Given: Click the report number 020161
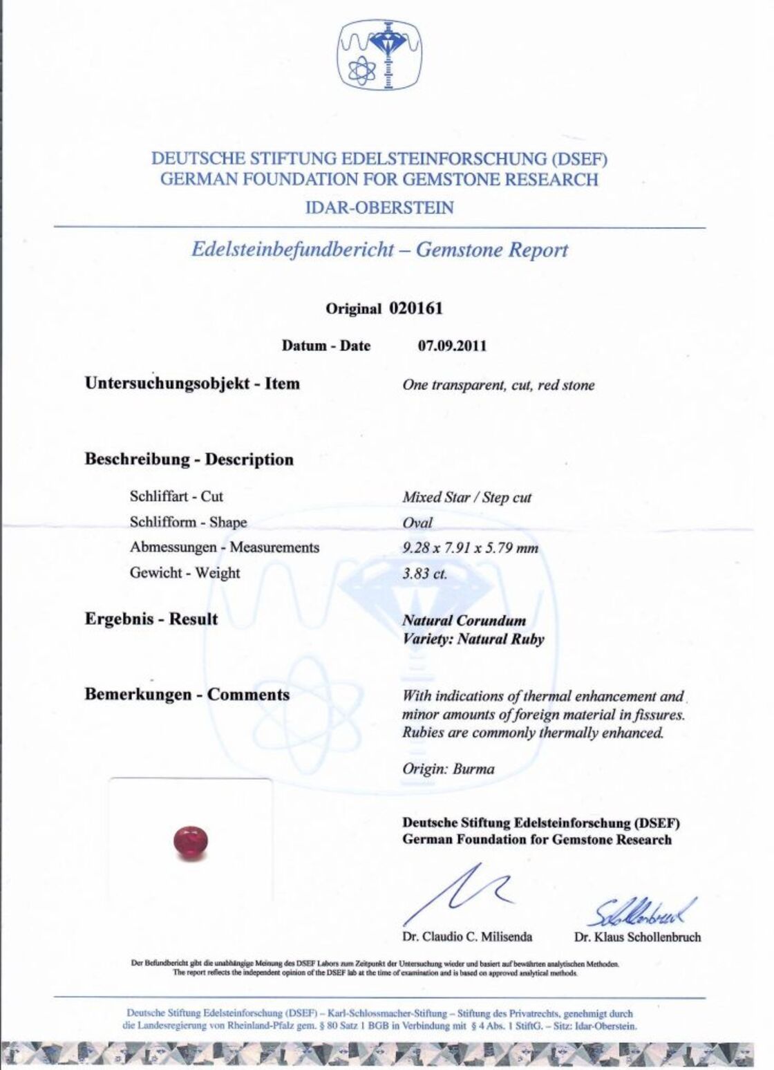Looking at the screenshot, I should click(x=415, y=308).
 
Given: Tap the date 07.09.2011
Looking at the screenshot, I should click(x=452, y=346).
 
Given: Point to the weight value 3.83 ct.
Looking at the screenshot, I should click(x=424, y=574).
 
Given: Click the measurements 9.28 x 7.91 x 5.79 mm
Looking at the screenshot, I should click(x=470, y=548).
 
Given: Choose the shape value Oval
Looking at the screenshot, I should click(x=417, y=523).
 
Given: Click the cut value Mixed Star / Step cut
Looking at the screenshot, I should click(x=467, y=498).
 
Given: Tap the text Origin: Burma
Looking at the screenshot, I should click(x=449, y=769).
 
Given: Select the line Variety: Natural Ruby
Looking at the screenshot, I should click(x=473, y=639).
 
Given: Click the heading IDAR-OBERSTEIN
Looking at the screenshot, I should click(x=379, y=207).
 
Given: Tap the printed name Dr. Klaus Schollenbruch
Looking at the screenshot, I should click(x=637, y=937).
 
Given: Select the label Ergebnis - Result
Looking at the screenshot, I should click(x=151, y=619).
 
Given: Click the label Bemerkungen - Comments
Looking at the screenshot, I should click(x=187, y=695).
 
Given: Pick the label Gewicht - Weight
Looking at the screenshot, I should click(x=185, y=573).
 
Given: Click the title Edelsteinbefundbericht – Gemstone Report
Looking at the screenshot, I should click(x=379, y=250).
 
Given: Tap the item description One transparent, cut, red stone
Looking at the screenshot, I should click(x=498, y=386).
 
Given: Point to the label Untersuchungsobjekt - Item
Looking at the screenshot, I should click(x=192, y=384).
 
